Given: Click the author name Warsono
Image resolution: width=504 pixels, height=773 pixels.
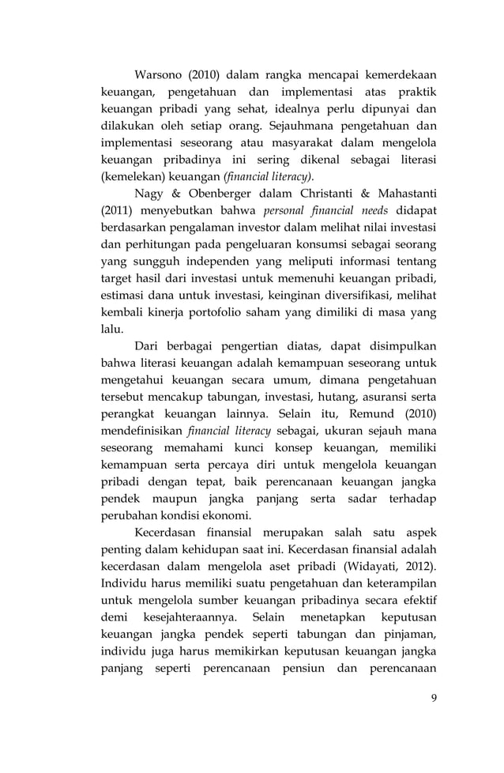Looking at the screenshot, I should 162,76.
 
